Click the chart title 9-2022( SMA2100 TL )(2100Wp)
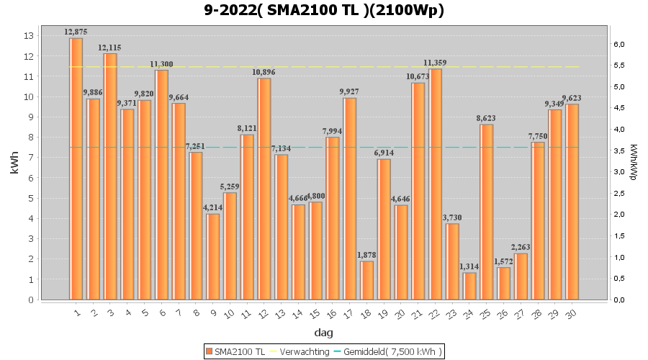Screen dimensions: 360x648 click(324, 11)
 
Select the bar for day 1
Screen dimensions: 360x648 click(76, 168)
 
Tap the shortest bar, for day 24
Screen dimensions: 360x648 click(469, 286)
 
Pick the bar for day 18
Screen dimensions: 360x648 click(367, 280)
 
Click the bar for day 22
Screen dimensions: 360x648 click(436, 184)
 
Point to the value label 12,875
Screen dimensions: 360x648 click(76, 32)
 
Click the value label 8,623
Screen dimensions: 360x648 click(487, 118)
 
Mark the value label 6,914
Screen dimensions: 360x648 click(384, 153)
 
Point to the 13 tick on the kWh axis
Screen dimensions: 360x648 click(29, 36)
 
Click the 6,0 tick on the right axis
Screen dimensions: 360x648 click(619, 45)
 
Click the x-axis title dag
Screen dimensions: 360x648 click(323, 333)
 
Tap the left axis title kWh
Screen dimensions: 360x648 click(14, 167)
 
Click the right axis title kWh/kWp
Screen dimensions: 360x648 click(634, 167)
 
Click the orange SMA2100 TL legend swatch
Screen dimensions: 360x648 click(210, 351)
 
